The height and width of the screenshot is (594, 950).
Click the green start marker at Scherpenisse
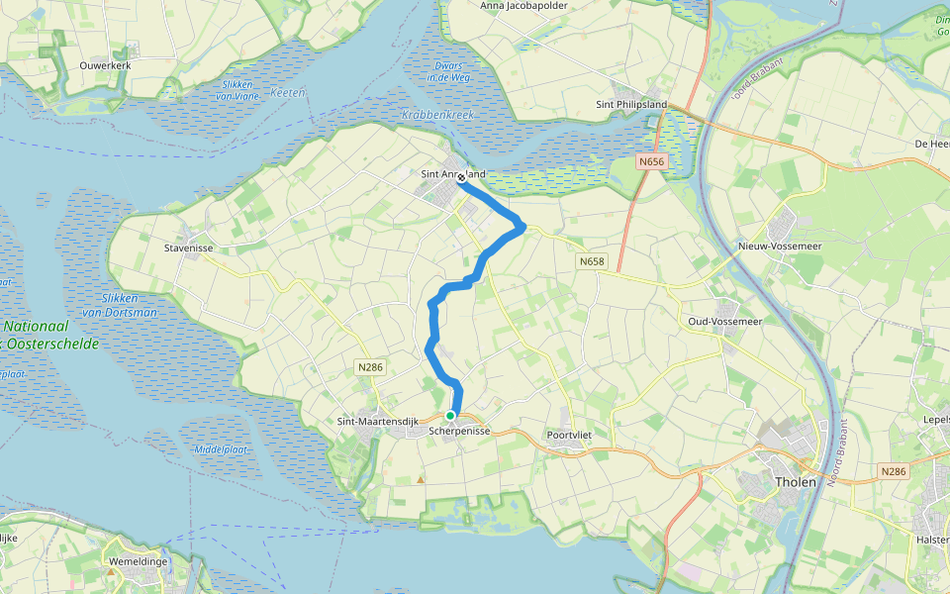tap(450, 416)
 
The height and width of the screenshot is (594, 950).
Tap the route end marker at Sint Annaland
tap(461, 178)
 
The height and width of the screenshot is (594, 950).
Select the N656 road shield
tap(649, 161)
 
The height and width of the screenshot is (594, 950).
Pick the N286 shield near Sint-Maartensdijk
tap(369, 366)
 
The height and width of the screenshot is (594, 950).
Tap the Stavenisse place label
tap(189, 248)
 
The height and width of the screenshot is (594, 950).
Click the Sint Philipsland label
tap(631, 104)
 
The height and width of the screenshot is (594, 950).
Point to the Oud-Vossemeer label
tap(724, 322)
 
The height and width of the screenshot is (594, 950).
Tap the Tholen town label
tap(796, 482)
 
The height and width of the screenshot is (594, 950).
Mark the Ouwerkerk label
tap(105, 64)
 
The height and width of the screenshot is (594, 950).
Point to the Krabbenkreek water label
tap(438, 115)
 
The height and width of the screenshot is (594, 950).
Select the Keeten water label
tap(288, 92)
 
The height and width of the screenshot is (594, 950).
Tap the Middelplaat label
tap(220, 448)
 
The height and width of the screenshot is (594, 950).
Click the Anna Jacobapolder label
tap(524, 6)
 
